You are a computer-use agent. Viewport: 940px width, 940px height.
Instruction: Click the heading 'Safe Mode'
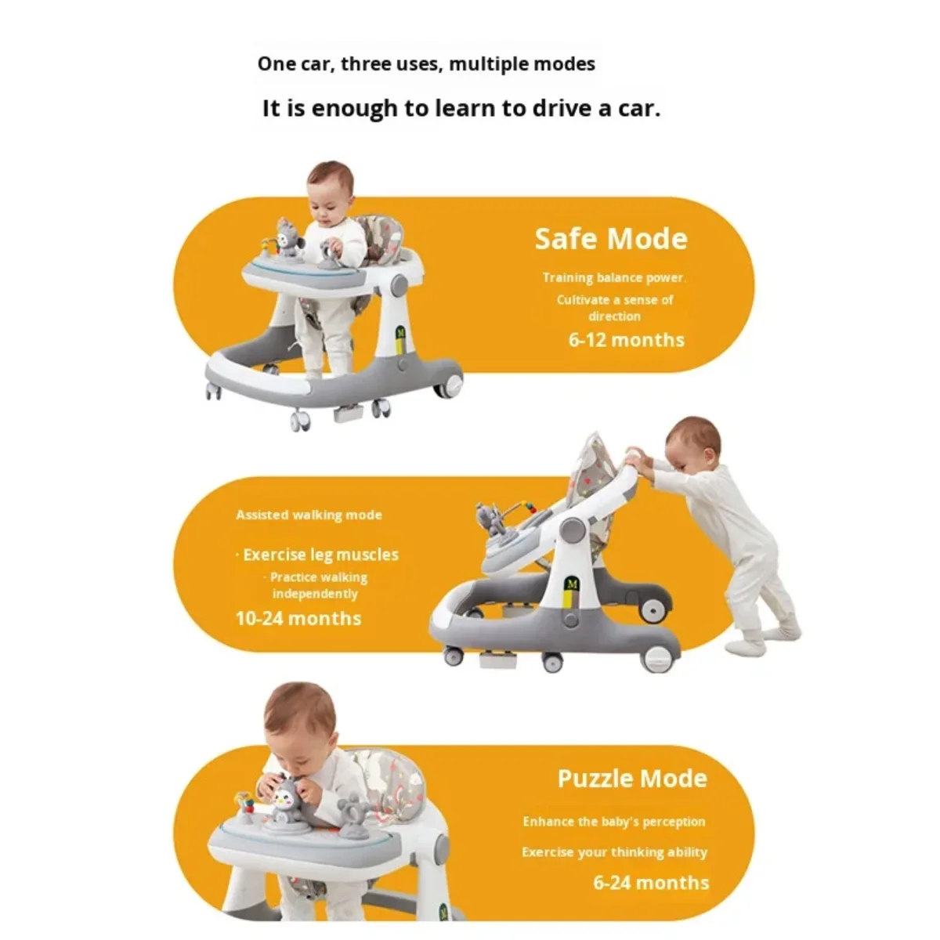(x=611, y=239)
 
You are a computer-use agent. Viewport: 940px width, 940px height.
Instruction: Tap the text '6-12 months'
(x=626, y=340)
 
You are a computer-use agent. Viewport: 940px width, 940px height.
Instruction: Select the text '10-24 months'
(x=298, y=618)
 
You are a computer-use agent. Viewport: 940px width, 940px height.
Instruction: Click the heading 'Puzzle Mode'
(x=632, y=779)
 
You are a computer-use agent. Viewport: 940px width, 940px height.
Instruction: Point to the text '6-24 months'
(x=651, y=883)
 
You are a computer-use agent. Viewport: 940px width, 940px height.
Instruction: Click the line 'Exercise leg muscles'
(x=318, y=555)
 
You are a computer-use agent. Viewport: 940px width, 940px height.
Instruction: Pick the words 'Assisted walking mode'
(x=309, y=515)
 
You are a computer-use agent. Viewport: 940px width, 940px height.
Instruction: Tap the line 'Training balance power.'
(x=614, y=277)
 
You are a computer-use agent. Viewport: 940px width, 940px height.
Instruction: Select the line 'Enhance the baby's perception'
(x=614, y=822)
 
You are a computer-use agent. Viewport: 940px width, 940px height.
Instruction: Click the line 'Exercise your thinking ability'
(x=614, y=852)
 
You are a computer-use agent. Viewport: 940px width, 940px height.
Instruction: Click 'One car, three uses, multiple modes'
(x=426, y=63)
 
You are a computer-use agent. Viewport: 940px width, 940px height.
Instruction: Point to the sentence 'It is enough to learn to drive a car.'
(x=461, y=108)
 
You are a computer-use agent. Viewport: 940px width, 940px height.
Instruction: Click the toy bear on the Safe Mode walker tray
(x=289, y=237)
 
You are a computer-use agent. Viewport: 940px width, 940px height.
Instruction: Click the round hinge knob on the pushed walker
(x=573, y=530)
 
